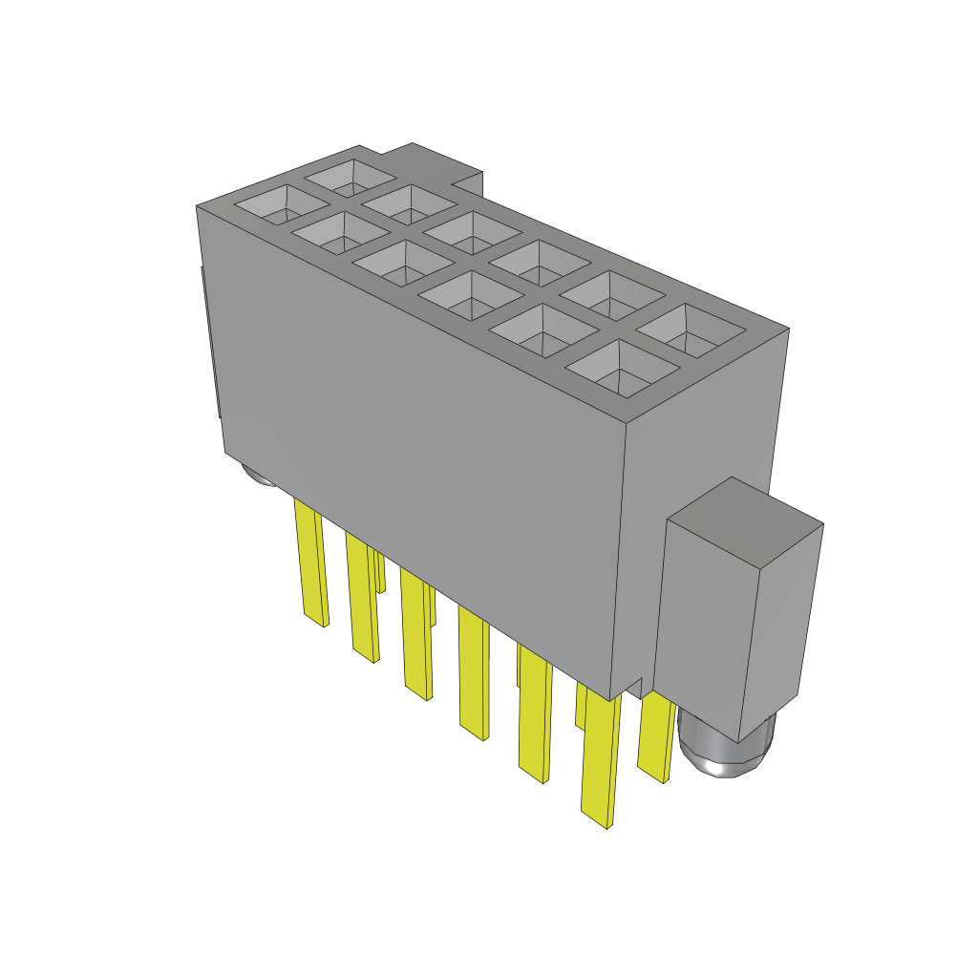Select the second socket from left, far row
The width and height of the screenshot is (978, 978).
[x=410, y=203]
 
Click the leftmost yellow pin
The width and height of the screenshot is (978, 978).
[x=311, y=563]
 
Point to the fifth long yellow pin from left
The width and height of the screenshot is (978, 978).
[x=535, y=712]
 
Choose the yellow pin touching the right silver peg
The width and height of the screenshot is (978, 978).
[x=657, y=735]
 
